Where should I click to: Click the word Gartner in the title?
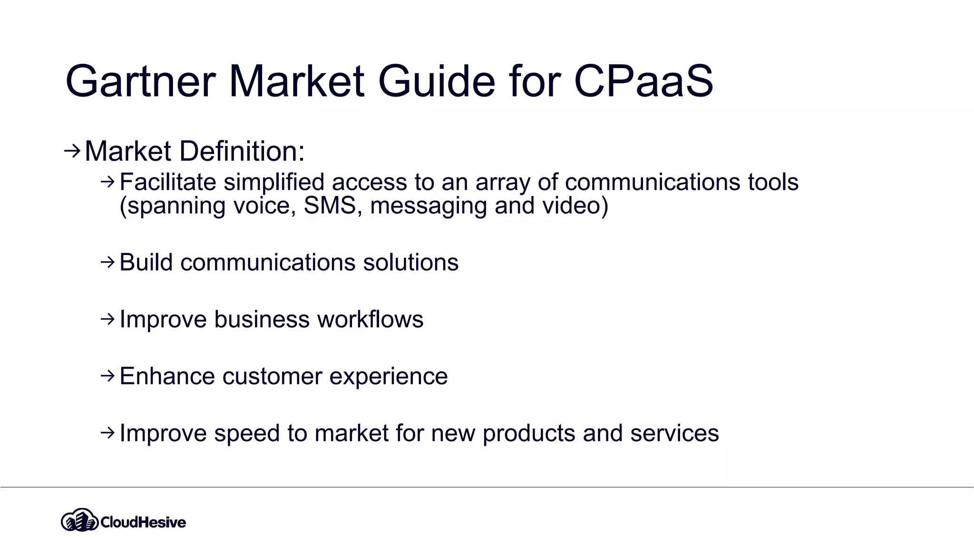point(141,81)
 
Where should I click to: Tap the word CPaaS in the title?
point(643,81)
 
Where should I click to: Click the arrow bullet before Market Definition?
point(72,151)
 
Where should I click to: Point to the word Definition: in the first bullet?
point(242,151)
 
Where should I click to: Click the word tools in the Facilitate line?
point(773,182)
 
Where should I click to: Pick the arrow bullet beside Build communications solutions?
point(108,262)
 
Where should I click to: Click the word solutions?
point(410,263)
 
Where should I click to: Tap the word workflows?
point(370,319)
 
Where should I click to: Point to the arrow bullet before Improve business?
point(108,319)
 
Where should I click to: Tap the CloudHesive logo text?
point(143,522)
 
